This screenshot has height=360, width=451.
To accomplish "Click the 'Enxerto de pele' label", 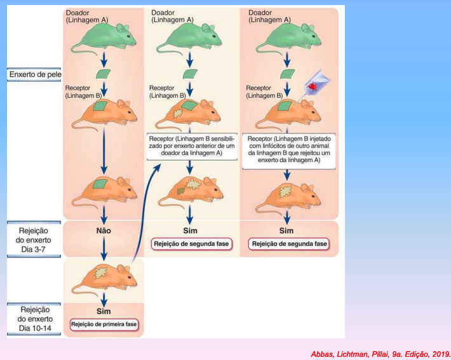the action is pyautogui.click(x=35, y=74).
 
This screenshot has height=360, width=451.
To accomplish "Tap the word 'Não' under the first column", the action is pyautogui.click(x=104, y=230).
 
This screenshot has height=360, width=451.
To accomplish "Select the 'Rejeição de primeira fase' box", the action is pyautogui.click(x=104, y=324).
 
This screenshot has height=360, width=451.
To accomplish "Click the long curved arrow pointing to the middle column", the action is pyautogui.click(x=142, y=213).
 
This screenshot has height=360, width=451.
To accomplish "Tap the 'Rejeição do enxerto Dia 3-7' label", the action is pyautogui.click(x=34, y=240).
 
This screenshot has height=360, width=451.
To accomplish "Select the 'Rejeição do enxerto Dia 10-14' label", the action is pyautogui.click(x=35, y=319).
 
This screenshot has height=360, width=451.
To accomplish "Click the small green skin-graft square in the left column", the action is pyautogui.click(x=104, y=74).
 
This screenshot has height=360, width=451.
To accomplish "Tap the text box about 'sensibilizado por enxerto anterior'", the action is pyautogui.click(x=192, y=146).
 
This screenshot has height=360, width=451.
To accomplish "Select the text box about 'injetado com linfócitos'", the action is pyautogui.click(x=289, y=150).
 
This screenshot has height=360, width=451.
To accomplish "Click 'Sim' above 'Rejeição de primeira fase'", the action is pyautogui.click(x=104, y=311).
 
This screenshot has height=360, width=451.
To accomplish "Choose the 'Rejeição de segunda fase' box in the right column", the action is pyautogui.click(x=289, y=244).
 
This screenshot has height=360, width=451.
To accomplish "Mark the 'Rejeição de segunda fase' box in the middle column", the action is pyautogui.click(x=192, y=244).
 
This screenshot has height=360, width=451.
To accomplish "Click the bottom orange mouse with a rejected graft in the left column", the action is pyautogui.click(x=104, y=277).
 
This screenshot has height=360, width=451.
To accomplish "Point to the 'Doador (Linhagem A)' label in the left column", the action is pyautogui.click(x=87, y=17).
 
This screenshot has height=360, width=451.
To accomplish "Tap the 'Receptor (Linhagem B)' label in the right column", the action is pyautogui.click(x=264, y=91).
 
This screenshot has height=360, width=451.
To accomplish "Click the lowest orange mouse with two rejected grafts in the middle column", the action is pyautogui.click(x=191, y=191).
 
